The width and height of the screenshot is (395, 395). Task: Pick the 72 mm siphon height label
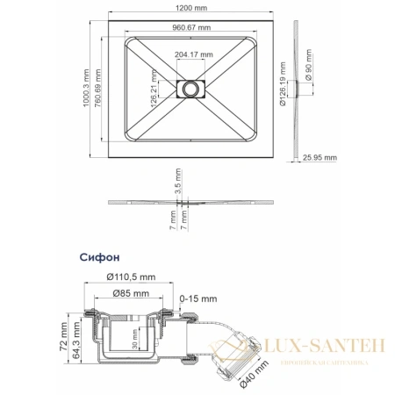(x=63, y=340)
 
